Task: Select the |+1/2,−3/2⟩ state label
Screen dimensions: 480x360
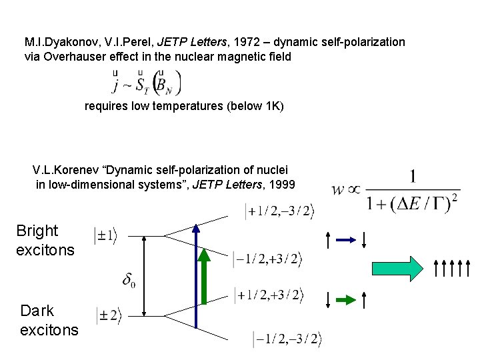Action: (x=281, y=211)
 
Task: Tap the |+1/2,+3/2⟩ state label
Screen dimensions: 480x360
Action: (x=269, y=295)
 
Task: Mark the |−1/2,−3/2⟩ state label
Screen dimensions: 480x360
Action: (x=287, y=339)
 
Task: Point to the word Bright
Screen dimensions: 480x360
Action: (x=37, y=231)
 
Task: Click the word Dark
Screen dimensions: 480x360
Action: (x=37, y=311)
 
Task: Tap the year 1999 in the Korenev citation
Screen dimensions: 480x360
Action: (x=280, y=185)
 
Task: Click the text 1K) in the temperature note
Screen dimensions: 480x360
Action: (x=273, y=106)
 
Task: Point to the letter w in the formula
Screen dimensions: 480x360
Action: (x=338, y=189)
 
